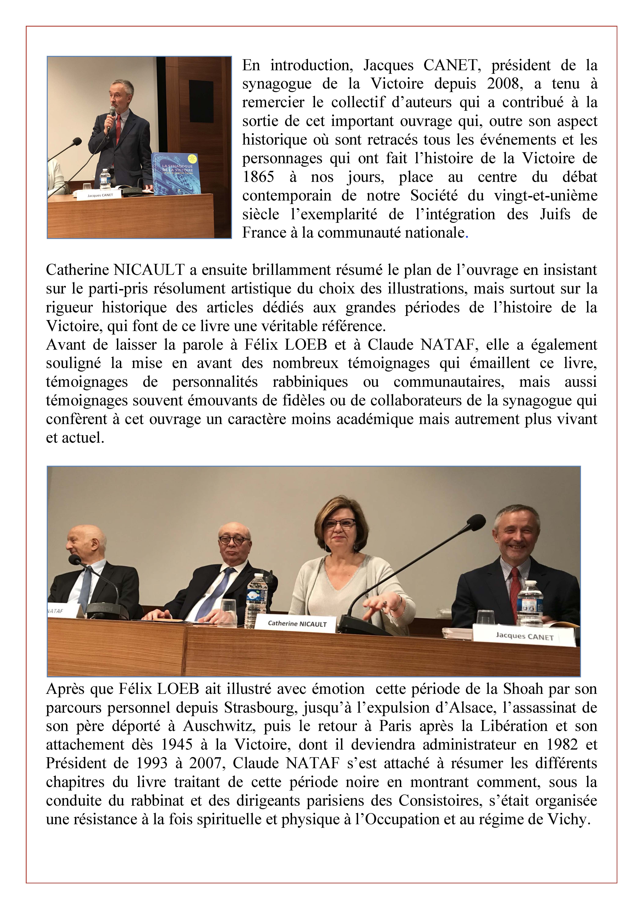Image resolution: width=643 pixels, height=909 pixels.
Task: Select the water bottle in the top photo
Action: (104, 180)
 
